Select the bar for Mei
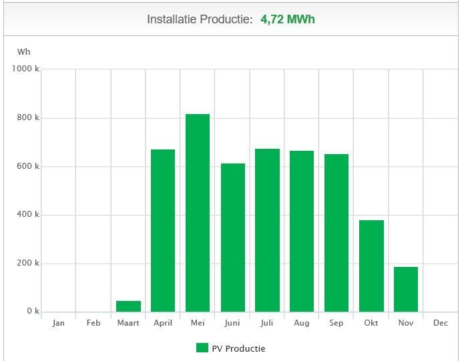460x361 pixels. [198, 213]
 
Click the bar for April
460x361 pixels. [163, 230]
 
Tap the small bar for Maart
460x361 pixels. [128, 306]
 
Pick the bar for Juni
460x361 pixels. [232, 238]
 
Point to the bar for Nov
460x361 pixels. [406, 289]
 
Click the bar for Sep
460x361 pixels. [336, 233]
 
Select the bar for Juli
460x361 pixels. [267, 230]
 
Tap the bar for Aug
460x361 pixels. [302, 231]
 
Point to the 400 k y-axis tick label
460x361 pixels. [28, 215]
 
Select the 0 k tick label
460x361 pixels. [33, 312]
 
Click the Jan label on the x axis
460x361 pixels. [59, 324]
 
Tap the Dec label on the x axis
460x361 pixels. [441, 324]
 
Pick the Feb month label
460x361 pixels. [93, 324]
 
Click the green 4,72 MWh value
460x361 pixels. [287, 19]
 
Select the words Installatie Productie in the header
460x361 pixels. [200, 19]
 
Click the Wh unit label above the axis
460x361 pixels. [23, 52]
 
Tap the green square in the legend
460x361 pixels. [202, 348]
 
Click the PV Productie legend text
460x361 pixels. [238, 348]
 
